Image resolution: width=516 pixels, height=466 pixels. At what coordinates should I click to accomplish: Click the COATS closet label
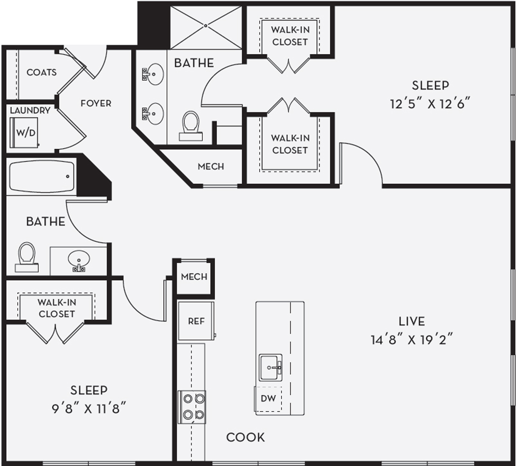(41, 72)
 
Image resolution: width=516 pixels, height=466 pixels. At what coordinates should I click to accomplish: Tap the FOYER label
(96, 103)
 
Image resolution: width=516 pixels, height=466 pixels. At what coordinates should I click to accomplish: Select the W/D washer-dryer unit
(25, 132)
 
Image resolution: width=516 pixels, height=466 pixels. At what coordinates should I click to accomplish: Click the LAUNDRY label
(30, 110)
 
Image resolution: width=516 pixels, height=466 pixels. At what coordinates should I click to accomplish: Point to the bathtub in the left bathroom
(41, 176)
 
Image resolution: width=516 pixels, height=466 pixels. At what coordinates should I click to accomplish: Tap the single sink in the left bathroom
(79, 260)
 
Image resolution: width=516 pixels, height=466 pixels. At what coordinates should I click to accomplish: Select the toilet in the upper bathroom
(191, 126)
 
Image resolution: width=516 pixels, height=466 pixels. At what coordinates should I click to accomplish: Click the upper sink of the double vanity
(153, 75)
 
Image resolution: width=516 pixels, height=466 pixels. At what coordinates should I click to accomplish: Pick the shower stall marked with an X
(206, 26)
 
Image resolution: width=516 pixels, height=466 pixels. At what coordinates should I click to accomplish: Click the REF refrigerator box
(196, 321)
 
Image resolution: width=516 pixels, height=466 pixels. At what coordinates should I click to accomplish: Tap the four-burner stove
(192, 407)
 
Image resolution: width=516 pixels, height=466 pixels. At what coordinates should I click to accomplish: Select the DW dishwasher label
(268, 398)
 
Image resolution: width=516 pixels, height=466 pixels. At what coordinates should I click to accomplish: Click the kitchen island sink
(270, 368)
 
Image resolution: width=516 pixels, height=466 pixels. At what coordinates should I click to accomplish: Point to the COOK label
(246, 437)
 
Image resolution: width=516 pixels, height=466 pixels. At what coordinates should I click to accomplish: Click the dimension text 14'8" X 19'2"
(412, 339)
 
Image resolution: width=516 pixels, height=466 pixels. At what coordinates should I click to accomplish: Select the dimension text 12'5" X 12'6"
(430, 104)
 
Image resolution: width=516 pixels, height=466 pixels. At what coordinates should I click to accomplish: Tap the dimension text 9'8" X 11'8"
(89, 409)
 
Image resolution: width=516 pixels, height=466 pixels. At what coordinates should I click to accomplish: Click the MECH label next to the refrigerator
(194, 276)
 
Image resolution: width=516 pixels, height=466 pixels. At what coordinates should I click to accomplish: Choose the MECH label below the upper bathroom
(211, 166)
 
